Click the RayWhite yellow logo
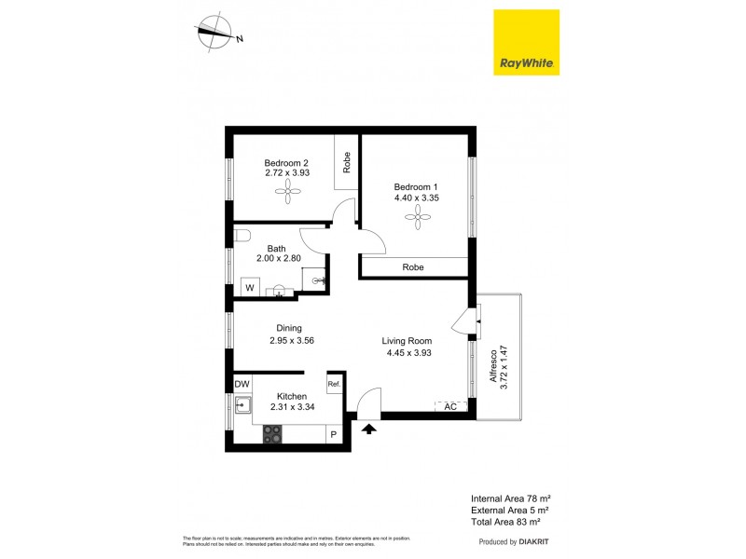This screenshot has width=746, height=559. tap(526, 43)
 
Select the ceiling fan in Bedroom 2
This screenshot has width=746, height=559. tap(285, 193)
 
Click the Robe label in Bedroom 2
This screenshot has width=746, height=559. tap(347, 163)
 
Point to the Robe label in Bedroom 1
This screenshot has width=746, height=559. tap(413, 267)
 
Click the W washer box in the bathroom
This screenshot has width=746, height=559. tap(250, 288)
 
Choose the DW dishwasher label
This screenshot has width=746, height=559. tap(242, 384)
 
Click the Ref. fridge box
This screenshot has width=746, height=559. tap(334, 384)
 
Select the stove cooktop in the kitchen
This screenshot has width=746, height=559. tap(273, 433)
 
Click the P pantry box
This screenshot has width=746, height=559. tap(334, 435)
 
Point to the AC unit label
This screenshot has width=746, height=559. tap(450, 407)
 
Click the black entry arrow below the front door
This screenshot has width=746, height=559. tap(369, 429)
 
